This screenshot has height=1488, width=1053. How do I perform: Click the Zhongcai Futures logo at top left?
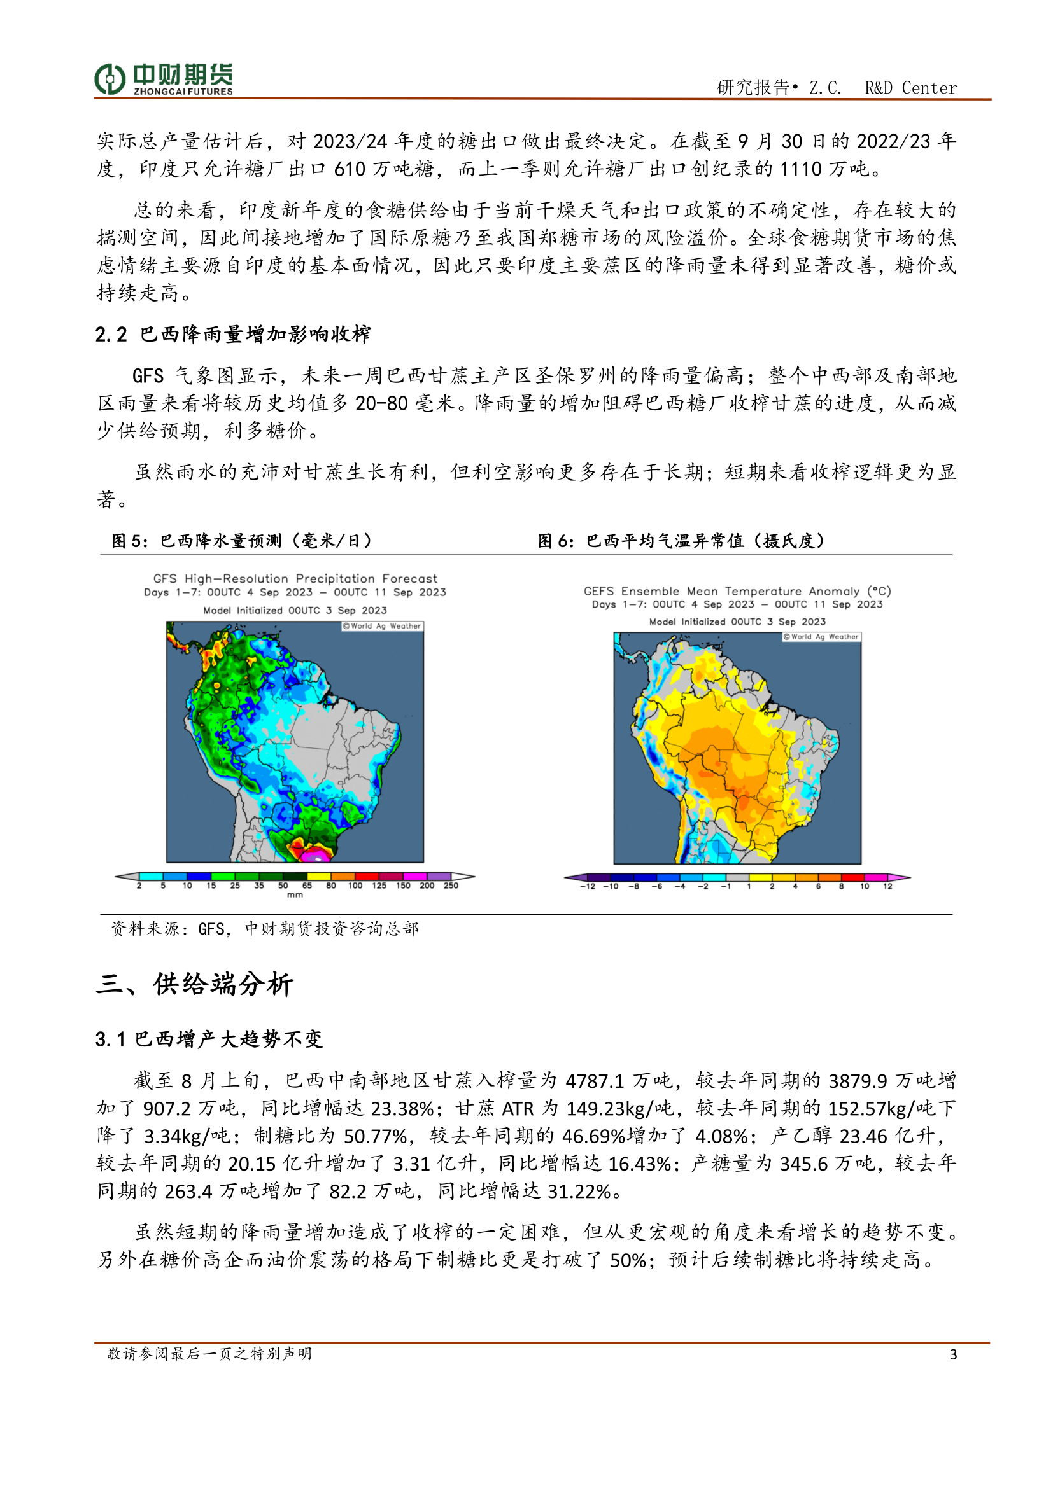pos(164,79)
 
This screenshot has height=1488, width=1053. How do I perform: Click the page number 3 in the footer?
pos(952,1354)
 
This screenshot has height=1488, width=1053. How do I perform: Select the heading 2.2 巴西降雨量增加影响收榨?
pos(233,335)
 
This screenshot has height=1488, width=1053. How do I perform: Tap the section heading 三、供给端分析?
pos(195,984)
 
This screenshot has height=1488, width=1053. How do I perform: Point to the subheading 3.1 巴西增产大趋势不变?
pos(209,1039)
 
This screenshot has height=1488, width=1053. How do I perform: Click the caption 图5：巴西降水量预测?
pos(242,541)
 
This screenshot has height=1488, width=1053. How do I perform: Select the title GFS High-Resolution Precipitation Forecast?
pos(295,579)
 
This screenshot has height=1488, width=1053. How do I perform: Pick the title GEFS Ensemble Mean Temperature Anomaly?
pos(737,591)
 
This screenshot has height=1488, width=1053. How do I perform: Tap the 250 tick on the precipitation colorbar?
pos(451,886)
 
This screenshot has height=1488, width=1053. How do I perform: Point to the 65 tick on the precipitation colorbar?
pos(307,886)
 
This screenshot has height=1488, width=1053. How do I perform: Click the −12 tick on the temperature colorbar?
pos(588,886)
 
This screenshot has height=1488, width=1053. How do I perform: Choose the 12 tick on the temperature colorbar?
pos(887,886)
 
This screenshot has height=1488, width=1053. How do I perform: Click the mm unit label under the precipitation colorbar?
pos(295,895)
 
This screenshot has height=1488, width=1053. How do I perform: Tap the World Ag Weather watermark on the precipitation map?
pos(383,626)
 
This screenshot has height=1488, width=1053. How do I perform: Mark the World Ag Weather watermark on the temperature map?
pos(821,636)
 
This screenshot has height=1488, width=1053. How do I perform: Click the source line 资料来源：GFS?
pos(265,929)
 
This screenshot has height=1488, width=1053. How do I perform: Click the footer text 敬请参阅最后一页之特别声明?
pos(209,1353)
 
